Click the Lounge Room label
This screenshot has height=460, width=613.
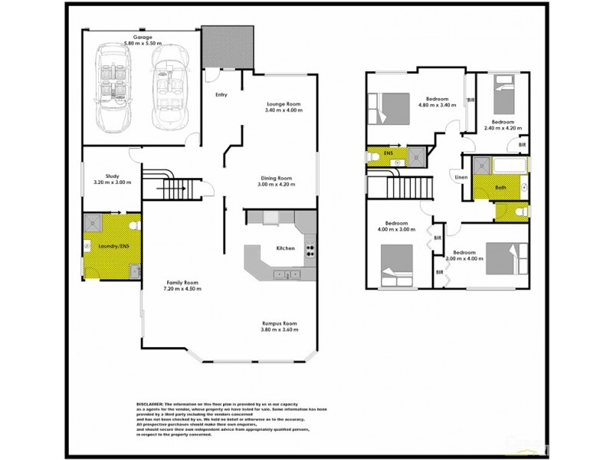(283, 104)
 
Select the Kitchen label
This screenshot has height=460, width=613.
(285, 248)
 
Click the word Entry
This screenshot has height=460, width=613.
(222, 94)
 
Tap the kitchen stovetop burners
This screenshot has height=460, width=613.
(310, 248)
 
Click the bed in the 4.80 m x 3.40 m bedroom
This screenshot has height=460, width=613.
(391, 107)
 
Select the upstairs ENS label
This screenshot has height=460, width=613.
(388, 154)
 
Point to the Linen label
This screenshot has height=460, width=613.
(461, 178)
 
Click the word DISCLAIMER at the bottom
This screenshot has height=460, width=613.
(150, 403)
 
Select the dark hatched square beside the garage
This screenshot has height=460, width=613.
(227, 46)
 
